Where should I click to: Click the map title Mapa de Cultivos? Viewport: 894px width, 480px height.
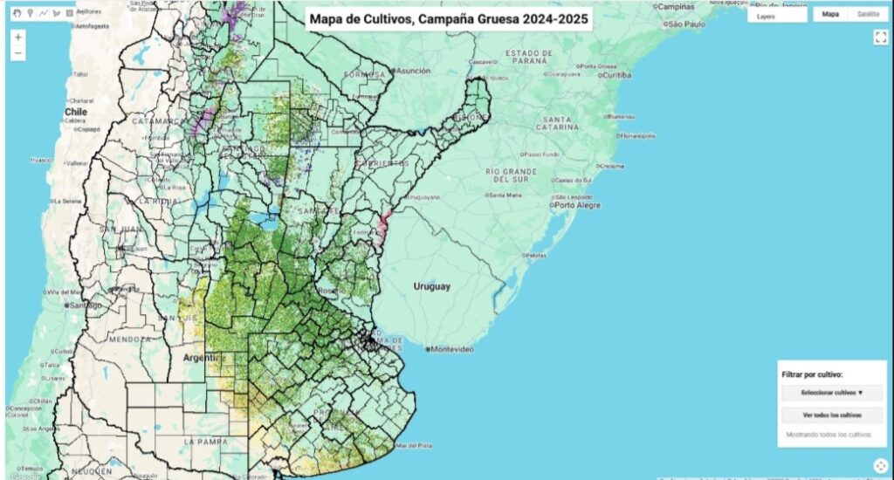(449, 18)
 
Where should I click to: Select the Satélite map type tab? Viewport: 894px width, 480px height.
(868, 15)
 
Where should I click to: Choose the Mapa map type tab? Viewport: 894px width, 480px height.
(830, 15)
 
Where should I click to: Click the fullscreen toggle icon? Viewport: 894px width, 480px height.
(880, 37)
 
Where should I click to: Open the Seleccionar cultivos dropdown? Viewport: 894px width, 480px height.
(832, 393)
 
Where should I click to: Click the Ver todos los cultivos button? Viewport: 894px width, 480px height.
(832, 415)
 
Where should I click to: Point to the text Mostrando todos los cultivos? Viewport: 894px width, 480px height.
(829, 434)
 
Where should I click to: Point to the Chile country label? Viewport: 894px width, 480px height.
(76, 112)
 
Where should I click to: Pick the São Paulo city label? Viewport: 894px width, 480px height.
(687, 24)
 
